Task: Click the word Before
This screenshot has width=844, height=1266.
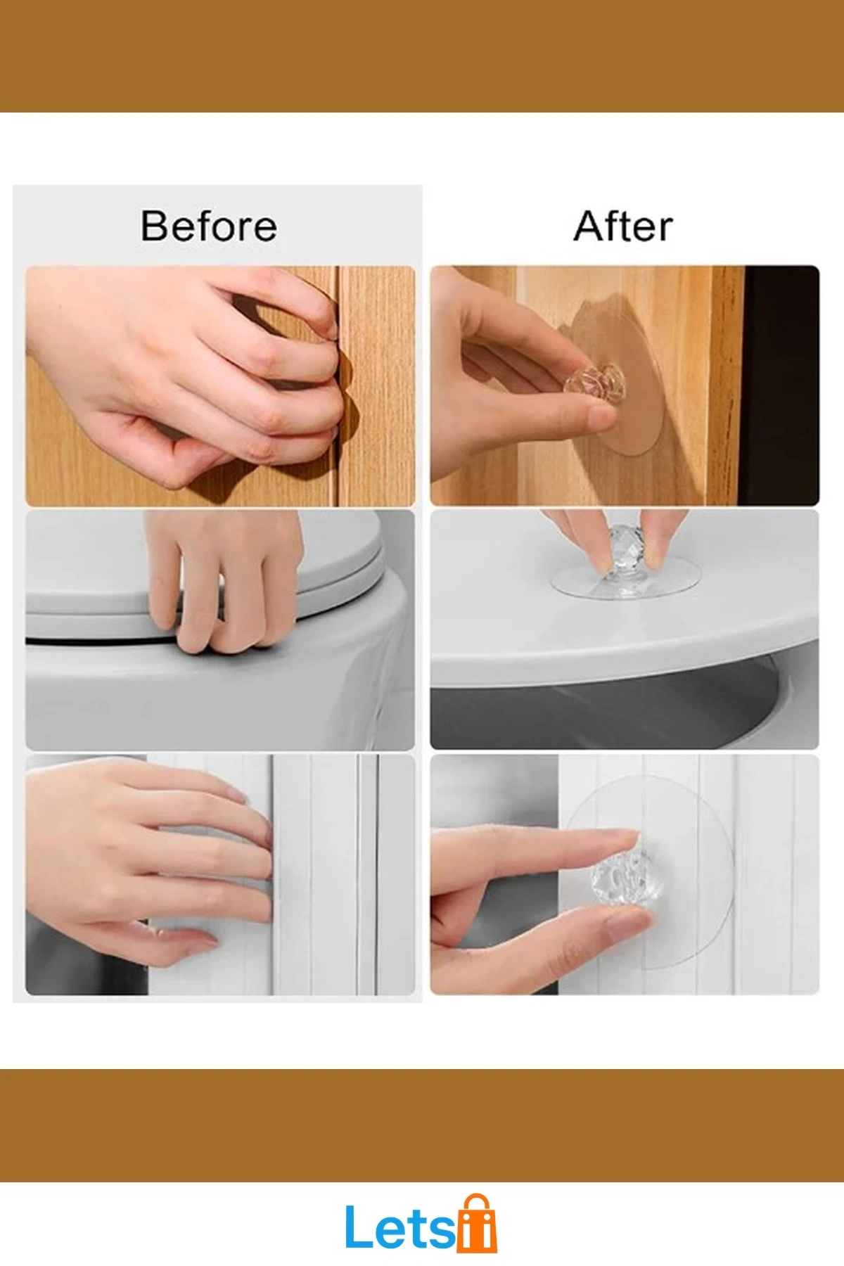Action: click(x=209, y=226)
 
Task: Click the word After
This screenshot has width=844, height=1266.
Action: click(x=623, y=226)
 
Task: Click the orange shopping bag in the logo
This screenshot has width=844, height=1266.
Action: click(x=477, y=1227)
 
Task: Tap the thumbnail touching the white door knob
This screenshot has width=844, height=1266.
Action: click(x=625, y=925)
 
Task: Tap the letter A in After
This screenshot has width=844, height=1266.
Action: click(x=589, y=226)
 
